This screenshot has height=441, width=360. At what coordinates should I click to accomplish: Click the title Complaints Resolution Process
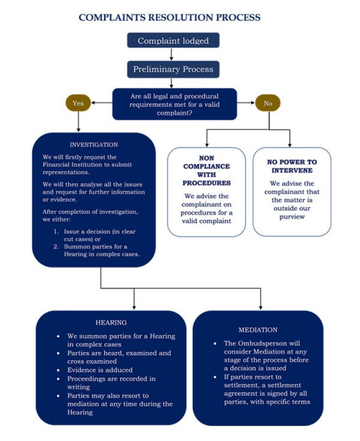pos(170,17)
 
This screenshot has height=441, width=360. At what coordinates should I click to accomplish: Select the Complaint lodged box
pos(173,41)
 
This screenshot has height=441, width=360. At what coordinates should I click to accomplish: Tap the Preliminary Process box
pos(173,69)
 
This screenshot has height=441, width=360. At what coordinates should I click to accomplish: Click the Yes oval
pos(79,103)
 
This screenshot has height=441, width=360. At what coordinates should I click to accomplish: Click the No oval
pos(268,103)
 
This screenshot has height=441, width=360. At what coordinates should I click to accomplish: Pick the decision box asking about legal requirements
pos(175,104)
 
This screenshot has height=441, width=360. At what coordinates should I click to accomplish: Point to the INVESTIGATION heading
pos(94,145)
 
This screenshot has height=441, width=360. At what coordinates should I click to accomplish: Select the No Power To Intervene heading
pos(291,167)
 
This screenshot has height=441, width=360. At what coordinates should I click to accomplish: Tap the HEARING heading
pos(111,322)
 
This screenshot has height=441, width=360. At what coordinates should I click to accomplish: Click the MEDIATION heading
pos(258,329)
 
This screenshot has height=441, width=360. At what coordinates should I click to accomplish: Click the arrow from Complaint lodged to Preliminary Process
pos(172,54)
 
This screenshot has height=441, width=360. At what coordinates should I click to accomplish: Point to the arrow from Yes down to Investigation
pos(79,121)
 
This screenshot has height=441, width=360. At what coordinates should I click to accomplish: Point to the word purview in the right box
pos(291,217)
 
